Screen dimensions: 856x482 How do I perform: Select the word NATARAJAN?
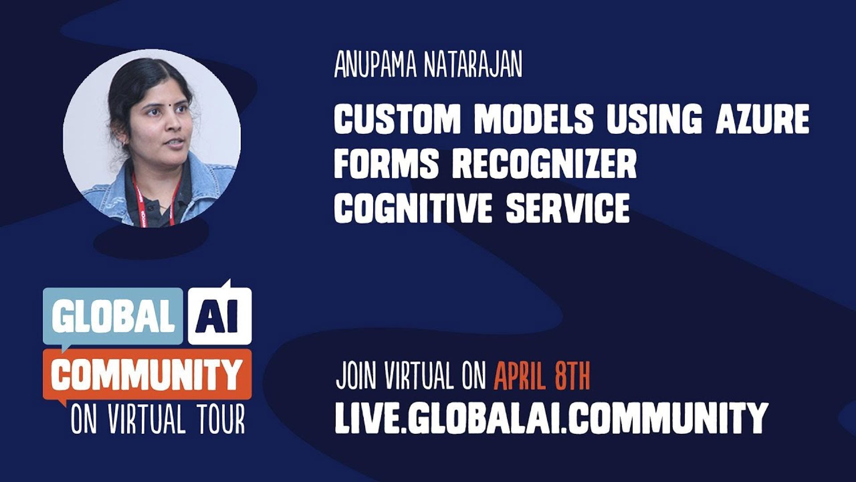coord(473,66)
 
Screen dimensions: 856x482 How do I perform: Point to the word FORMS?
coord(387,163)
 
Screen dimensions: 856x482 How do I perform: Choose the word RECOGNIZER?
coord(544,163)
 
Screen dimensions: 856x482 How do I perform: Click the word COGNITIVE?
coord(413,208)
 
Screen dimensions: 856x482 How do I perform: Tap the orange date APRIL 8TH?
coord(542,376)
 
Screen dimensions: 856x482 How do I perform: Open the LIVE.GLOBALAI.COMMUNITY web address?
coord(551,418)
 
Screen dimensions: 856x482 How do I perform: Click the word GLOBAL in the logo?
coord(113,316)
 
